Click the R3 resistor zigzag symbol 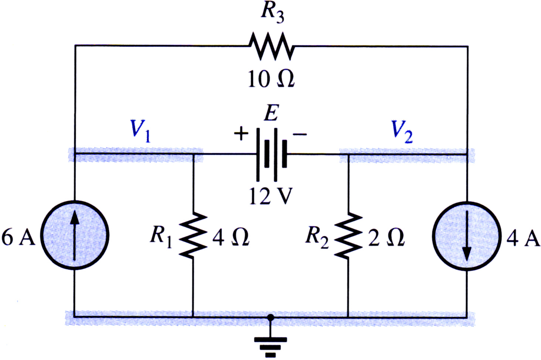pos(272,46)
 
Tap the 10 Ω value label pos(271,79)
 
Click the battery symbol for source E pos(272,155)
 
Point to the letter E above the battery pos(271,112)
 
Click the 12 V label pos(271,196)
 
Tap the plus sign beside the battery pos(241,133)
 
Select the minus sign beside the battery pos(300,134)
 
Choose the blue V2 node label pos(402,131)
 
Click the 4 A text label pos(523,238)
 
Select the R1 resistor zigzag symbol pos(193,235)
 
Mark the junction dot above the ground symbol pos(270,318)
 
